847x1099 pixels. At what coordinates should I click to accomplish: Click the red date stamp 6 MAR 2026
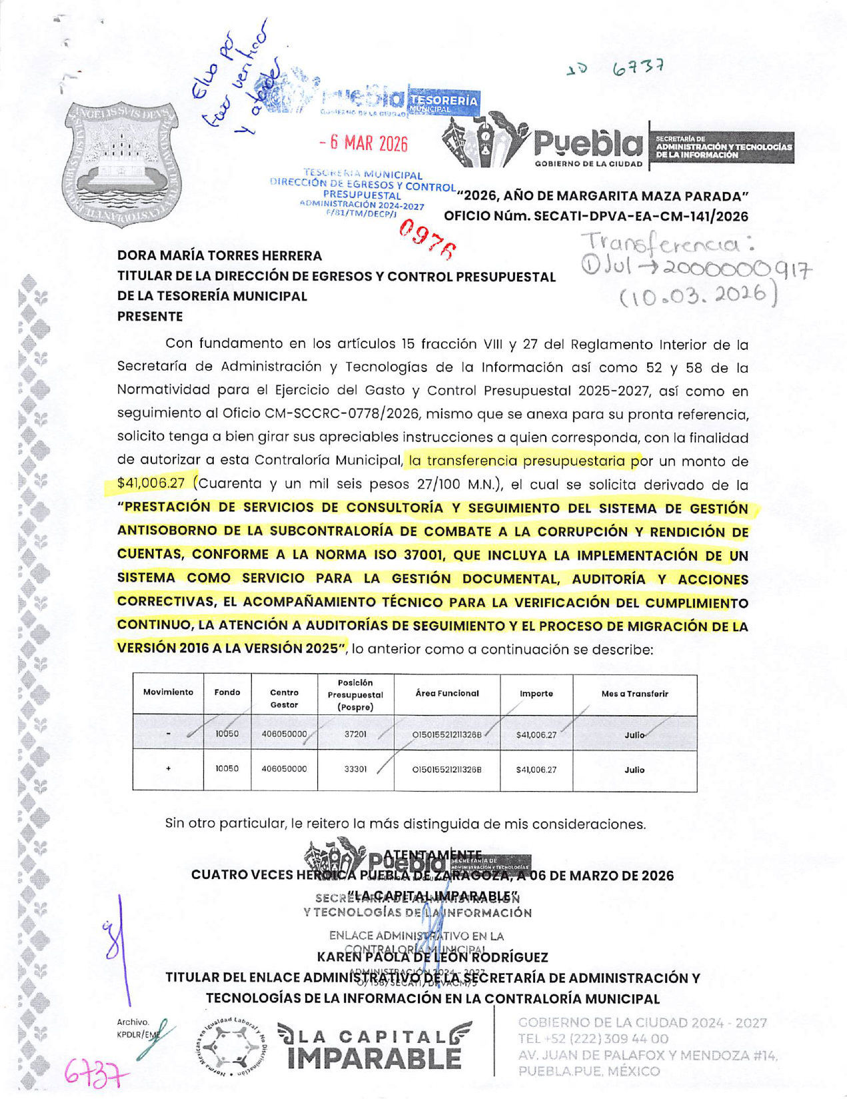(363, 143)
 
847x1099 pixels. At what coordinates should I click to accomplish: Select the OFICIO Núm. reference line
(596, 216)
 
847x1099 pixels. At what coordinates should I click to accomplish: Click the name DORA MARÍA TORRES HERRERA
(219, 255)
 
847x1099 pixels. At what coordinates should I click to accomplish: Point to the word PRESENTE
(150, 316)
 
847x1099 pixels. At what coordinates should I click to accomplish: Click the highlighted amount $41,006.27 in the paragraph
(151, 483)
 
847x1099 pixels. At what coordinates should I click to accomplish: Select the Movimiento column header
(168, 692)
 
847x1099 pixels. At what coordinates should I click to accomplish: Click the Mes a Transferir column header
(634, 694)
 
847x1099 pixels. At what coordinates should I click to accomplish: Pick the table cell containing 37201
(355, 734)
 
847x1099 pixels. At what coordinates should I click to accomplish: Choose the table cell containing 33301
(355, 769)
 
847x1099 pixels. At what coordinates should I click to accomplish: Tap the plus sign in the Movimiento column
(168, 769)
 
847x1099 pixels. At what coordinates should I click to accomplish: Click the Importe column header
(536, 694)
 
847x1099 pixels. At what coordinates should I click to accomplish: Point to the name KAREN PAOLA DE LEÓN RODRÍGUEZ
(432, 957)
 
